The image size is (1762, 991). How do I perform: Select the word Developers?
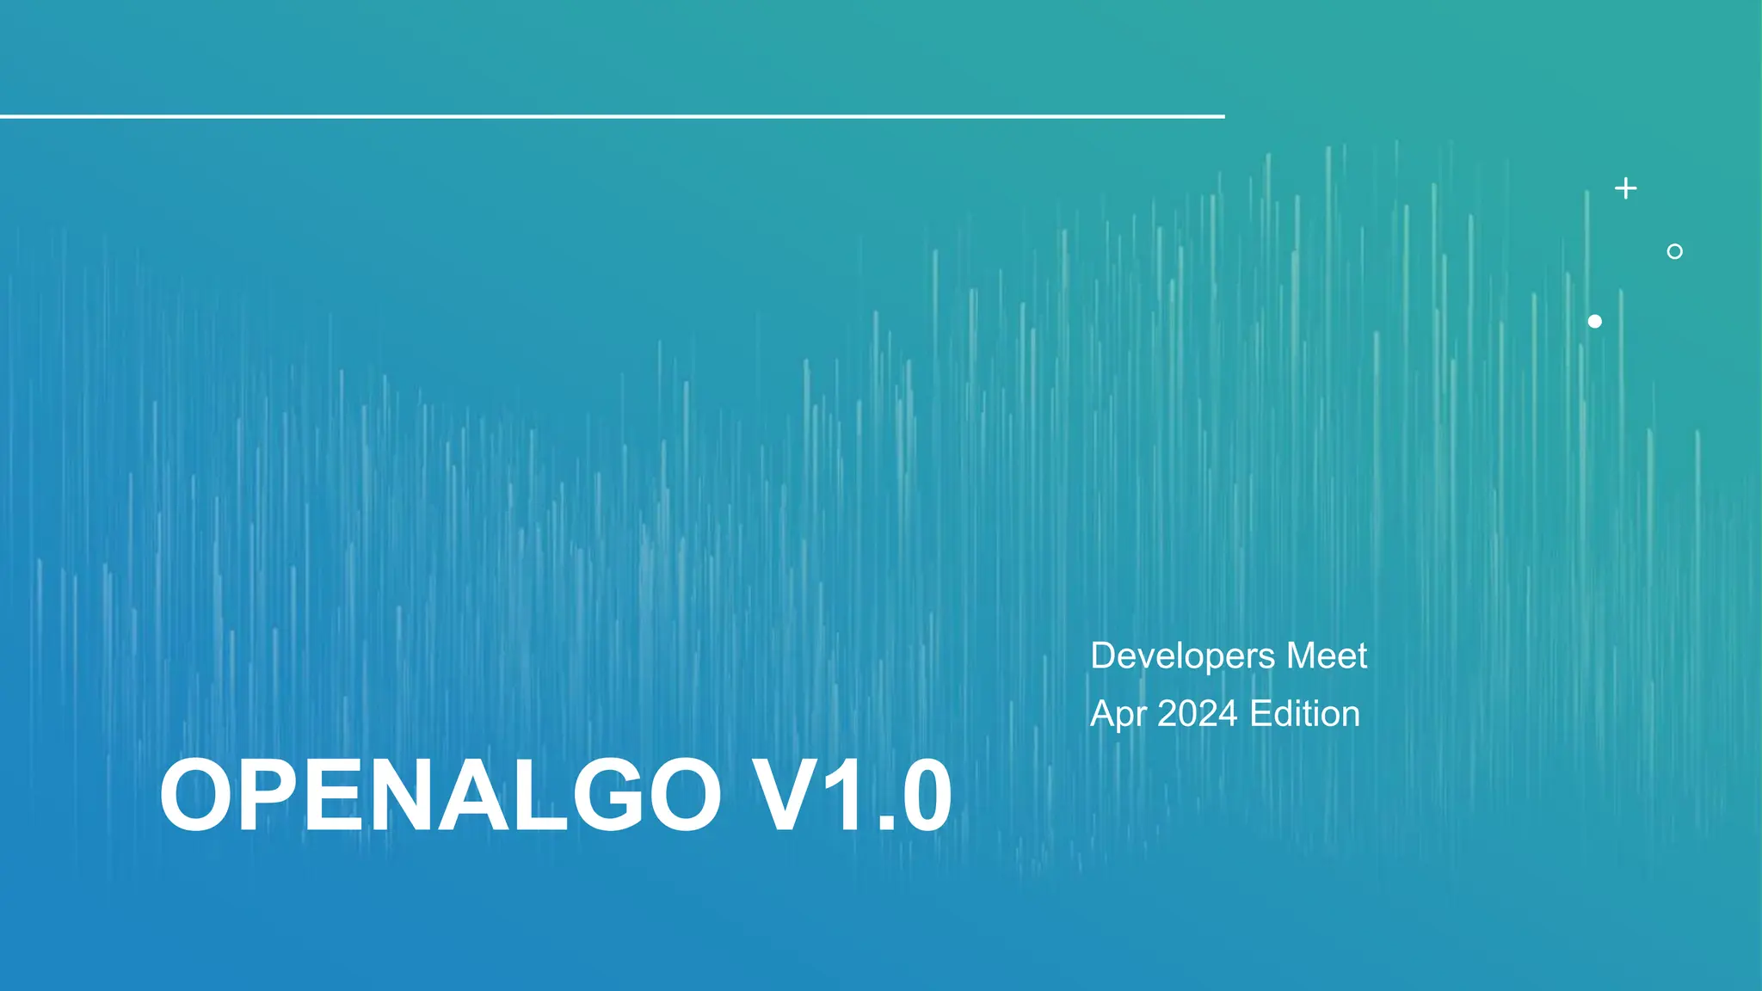pos(1182,656)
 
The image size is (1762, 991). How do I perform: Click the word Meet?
pos(1327,656)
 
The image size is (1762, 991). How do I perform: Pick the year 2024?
pos(1197,714)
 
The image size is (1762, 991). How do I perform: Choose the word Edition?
pos(1304,714)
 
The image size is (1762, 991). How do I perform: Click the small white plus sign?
pos(1625,188)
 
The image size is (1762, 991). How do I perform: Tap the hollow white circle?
pos(1674,251)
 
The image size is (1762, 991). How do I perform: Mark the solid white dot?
pos(1594,321)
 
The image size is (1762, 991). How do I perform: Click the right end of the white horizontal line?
pos(1222,116)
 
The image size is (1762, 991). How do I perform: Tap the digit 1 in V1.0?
pos(847,796)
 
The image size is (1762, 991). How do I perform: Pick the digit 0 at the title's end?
pos(920,796)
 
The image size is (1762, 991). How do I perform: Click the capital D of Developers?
pos(1104,656)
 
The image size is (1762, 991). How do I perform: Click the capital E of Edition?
pos(1260,714)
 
